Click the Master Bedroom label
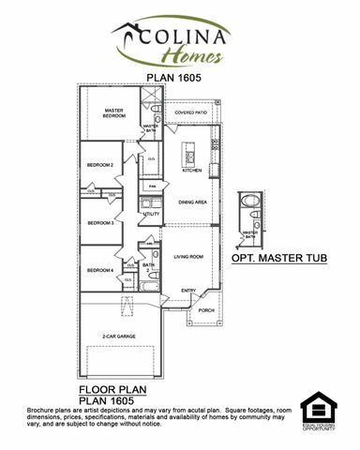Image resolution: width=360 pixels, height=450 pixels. pos(113,112)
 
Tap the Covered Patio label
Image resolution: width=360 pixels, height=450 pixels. pos(191,112)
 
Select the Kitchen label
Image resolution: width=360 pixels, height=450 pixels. pos(192,171)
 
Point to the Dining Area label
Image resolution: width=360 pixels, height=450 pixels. pos(193,202)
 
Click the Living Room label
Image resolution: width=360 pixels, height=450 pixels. pos(189,256)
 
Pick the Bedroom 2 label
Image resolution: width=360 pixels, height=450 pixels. pos(99,165)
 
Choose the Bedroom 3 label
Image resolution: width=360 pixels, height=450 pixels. pos(99,223)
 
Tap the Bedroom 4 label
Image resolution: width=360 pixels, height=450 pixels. pos(99,271)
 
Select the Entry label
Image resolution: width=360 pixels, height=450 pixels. pos(188,291)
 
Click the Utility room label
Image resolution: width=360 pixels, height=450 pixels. pos(151,214)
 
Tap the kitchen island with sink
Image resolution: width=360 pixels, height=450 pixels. pos(187,150)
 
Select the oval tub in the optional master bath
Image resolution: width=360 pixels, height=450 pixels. pos(248,203)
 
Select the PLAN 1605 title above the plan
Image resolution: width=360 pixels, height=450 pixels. pos(179,79)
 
